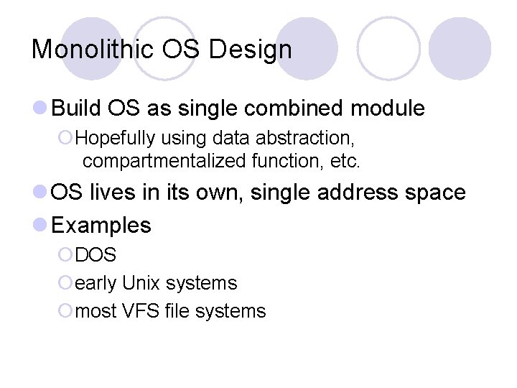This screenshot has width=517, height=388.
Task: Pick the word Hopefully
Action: coord(118,137)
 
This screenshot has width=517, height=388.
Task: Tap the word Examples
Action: coord(102,226)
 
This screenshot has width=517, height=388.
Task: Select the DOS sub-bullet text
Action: coord(96,255)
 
